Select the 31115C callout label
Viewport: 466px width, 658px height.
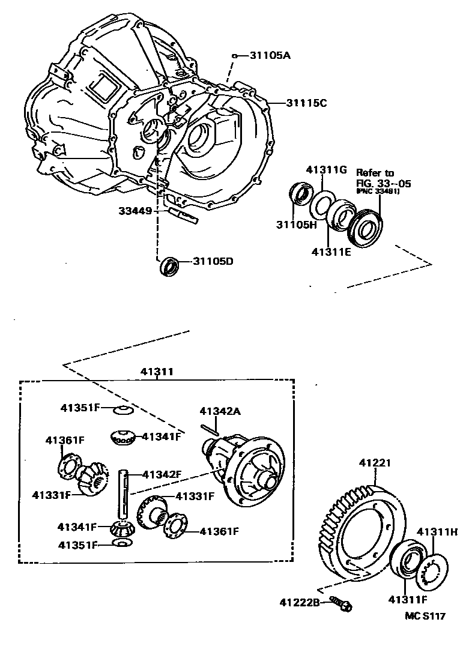point(306,103)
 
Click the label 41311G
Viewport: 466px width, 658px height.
point(327,170)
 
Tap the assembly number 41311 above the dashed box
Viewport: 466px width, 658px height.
point(157,372)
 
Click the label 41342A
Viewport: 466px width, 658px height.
point(220,411)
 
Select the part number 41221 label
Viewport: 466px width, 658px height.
point(375,463)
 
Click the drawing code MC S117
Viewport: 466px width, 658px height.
point(425,617)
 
